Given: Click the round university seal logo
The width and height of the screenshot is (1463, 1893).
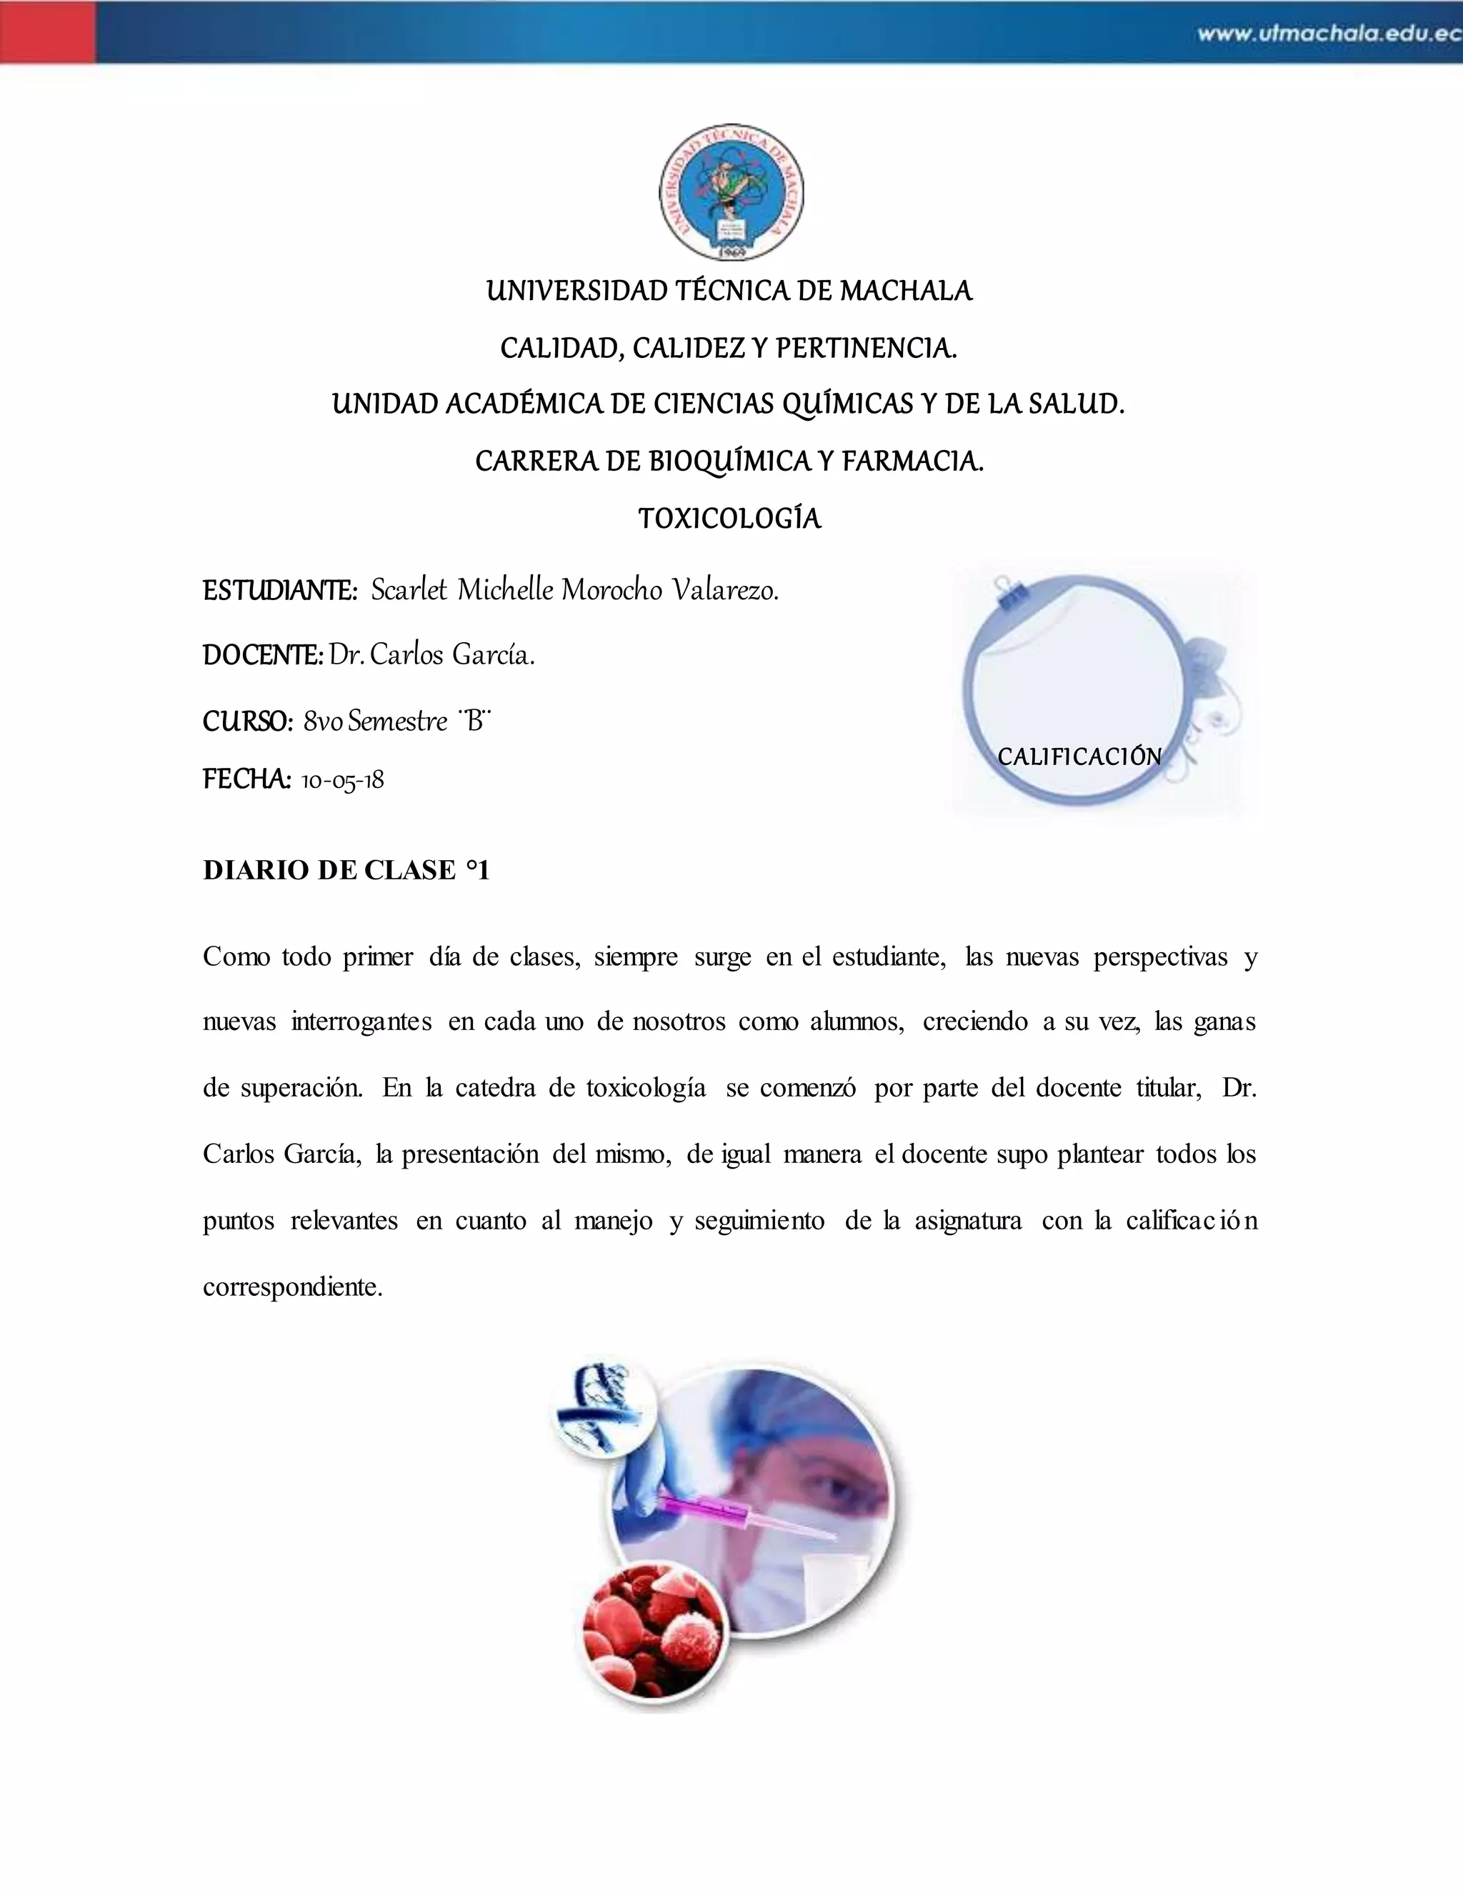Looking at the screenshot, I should pos(731,192).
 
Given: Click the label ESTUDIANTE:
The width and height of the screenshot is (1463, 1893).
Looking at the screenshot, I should pos(280,591).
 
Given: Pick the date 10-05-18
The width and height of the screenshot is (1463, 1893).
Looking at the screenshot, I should pos(342,781).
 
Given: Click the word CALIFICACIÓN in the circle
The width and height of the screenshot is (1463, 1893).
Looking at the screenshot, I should pos(1079,756).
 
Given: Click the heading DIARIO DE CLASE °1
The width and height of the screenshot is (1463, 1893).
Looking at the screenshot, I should pos(346,870).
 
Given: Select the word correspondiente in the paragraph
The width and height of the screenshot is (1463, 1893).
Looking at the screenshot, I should pos(292,1287).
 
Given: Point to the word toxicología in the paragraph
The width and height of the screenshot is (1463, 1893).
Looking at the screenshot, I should pos(646,1088).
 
